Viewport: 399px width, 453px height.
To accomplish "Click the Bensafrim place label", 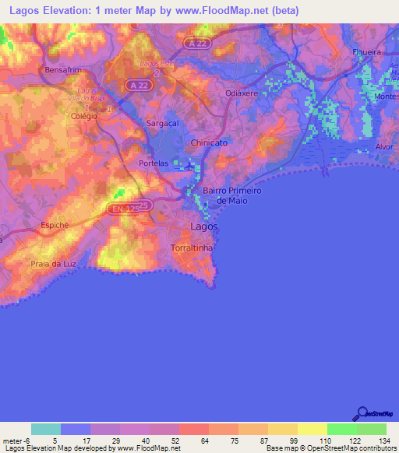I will (x=63, y=69).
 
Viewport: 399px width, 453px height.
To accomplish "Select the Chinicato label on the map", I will (x=210, y=142).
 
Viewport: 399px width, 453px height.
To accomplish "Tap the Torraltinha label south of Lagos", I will (x=193, y=246).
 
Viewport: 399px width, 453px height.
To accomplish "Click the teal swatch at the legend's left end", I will (x=46, y=429).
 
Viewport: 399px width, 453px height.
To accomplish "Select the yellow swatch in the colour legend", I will (x=282, y=429).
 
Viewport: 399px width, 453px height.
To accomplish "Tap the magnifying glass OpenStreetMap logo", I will (x=362, y=412).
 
